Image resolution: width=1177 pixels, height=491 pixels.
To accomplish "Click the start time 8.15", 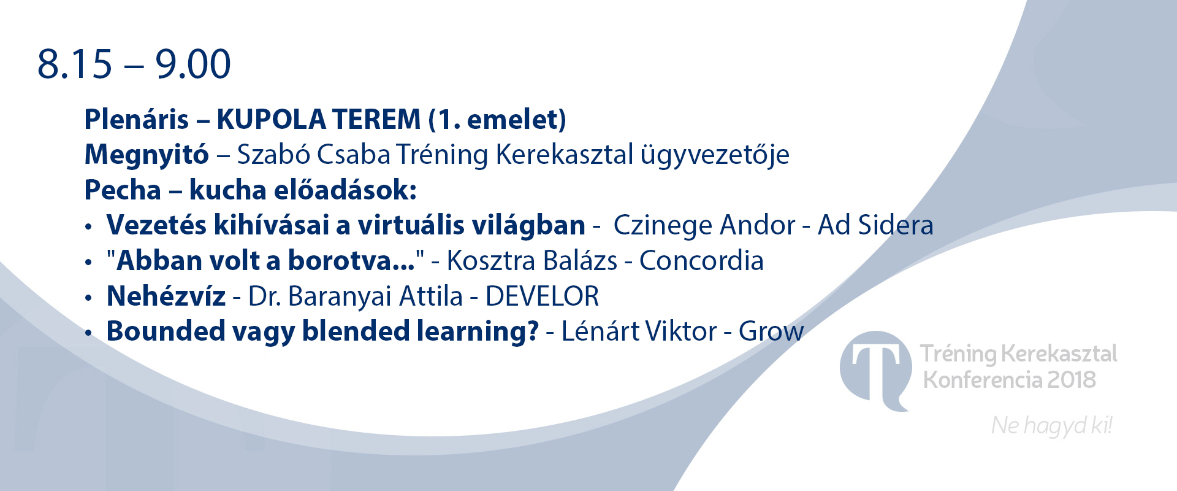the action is click(75, 64).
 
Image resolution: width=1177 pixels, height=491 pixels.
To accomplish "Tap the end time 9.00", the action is click(193, 64).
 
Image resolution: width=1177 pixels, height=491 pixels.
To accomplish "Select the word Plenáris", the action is click(136, 119).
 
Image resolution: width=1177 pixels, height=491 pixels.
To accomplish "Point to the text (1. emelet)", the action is click(497, 119).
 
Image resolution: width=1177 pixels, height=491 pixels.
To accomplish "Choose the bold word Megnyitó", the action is click(147, 155).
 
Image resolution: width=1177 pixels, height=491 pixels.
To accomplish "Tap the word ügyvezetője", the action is click(715, 155).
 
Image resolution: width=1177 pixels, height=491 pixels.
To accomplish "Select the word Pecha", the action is click(123, 190).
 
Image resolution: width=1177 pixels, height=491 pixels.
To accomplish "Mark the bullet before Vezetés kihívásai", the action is click(89, 227).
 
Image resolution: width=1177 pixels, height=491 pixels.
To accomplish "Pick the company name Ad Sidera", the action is click(875, 225).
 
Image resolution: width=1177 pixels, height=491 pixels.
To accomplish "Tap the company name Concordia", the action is click(701, 260).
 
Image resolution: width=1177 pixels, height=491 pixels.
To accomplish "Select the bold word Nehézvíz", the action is click(166, 296).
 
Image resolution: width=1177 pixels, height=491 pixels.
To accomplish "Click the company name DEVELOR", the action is click(542, 296).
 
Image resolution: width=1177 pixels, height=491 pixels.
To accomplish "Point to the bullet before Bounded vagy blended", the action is click(89, 333).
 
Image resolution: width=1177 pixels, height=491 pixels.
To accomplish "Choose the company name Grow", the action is click(771, 331).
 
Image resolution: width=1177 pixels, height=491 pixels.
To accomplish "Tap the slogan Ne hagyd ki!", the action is click(1052, 425).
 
